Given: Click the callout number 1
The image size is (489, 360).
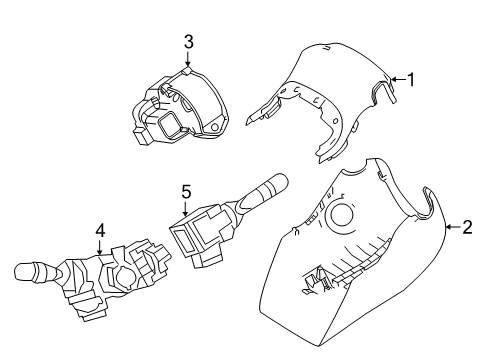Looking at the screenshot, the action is click(x=409, y=79).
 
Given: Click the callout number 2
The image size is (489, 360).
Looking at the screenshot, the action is click(x=466, y=228).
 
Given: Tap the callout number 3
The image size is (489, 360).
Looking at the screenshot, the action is click(x=187, y=41).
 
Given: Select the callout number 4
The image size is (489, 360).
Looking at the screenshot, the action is click(x=99, y=230).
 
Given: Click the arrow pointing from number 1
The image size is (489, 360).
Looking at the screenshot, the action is click(x=396, y=79).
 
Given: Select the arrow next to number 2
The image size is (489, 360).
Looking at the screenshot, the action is click(x=452, y=228).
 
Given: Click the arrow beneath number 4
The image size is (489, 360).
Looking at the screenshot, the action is click(x=99, y=246).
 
